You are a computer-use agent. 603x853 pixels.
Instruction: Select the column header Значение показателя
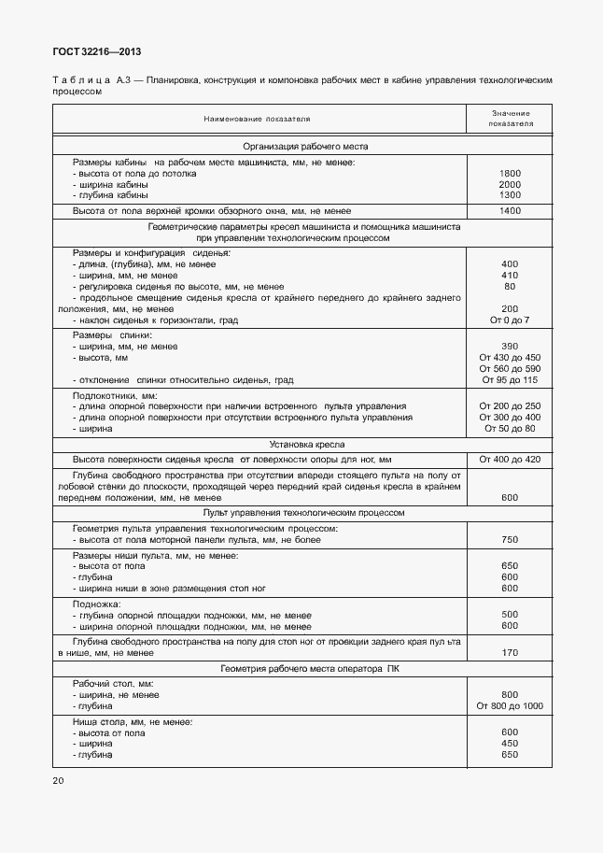(509, 118)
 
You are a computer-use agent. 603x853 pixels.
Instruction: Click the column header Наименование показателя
(258, 119)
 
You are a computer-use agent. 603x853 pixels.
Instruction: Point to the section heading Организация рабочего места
(306, 147)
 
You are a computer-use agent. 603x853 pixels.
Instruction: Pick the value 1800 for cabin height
(510, 174)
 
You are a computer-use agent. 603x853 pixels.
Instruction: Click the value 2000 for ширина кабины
(510, 184)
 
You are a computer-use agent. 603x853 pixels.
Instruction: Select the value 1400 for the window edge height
(510, 211)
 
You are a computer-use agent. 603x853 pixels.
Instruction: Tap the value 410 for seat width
(510, 276)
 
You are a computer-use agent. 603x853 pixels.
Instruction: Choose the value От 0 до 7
(510, 320)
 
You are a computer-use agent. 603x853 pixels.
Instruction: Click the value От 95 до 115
(510, 380)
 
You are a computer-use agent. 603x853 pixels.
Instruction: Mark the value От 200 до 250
(510, 406)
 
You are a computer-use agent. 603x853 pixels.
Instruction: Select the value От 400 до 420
(510, 460)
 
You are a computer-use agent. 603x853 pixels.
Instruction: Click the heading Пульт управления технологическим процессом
(306, 513)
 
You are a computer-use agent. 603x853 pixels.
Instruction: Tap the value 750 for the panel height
(510, 540)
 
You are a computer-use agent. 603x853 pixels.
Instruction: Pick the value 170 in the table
(510, 652)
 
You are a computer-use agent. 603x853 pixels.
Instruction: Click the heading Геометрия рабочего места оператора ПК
(306, 669)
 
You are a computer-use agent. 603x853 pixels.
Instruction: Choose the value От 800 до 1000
(510, 705)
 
